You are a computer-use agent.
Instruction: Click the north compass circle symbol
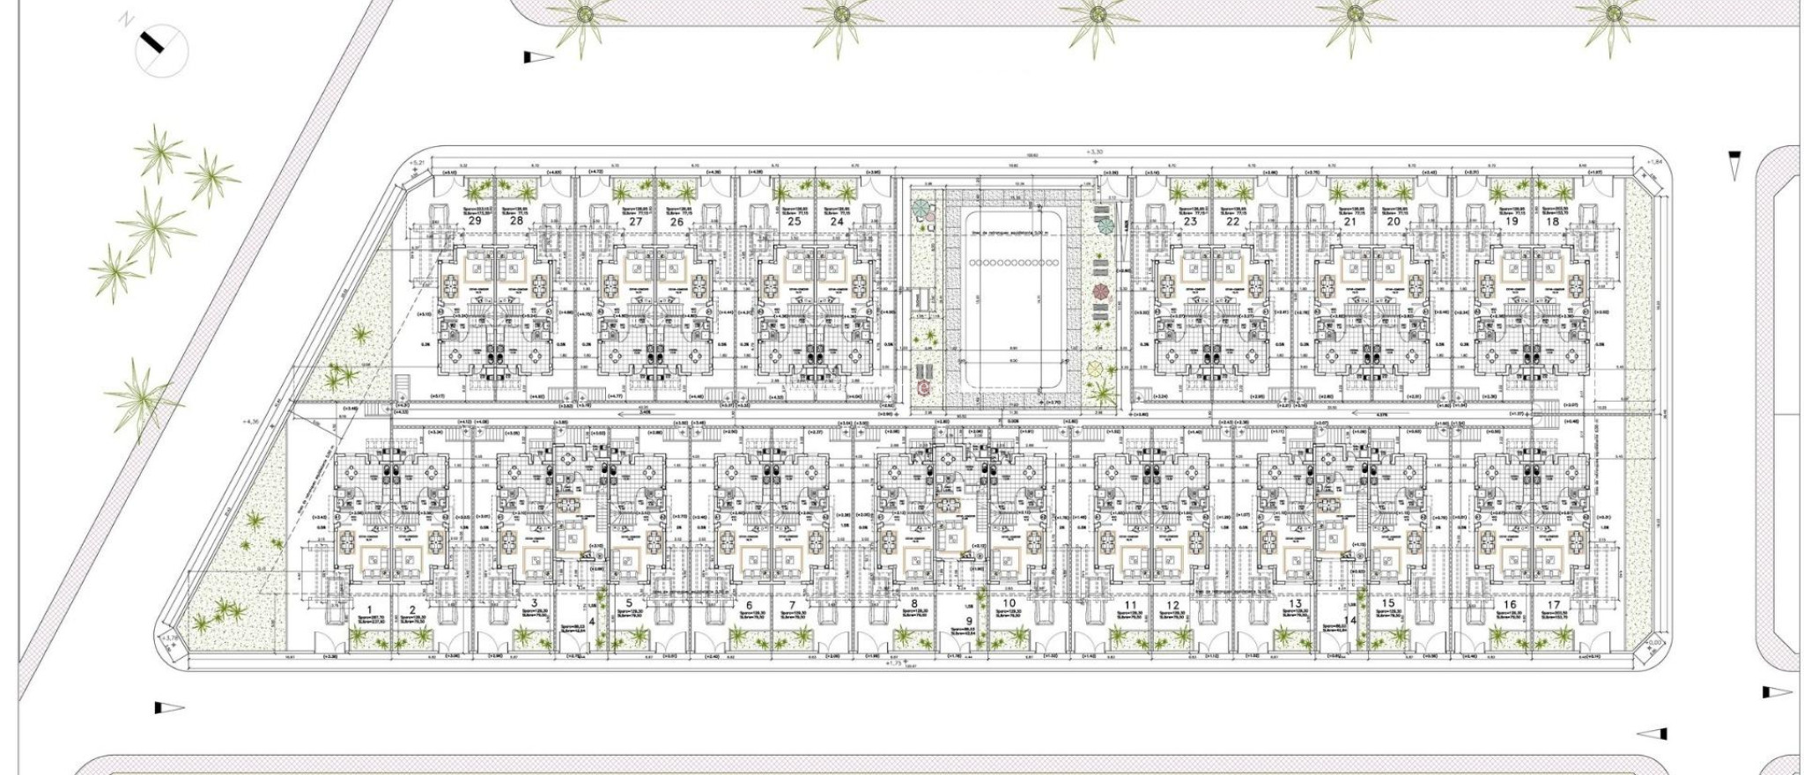162,50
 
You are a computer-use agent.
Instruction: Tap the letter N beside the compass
127,18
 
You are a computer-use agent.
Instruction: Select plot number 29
475,221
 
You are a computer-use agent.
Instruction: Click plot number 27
636,222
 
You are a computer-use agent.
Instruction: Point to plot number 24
836,222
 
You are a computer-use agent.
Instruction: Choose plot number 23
1190,222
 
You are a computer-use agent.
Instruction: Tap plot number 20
1393,222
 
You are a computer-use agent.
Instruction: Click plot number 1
370,609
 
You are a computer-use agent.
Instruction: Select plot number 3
534,603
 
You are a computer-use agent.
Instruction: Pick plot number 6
749,605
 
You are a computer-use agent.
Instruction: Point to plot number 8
914,604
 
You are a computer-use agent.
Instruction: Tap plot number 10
1009,604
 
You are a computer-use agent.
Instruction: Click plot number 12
1172,605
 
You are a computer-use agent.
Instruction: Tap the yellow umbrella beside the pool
1095,367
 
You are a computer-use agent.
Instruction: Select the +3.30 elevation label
1093,152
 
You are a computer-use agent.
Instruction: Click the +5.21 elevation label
418,163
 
